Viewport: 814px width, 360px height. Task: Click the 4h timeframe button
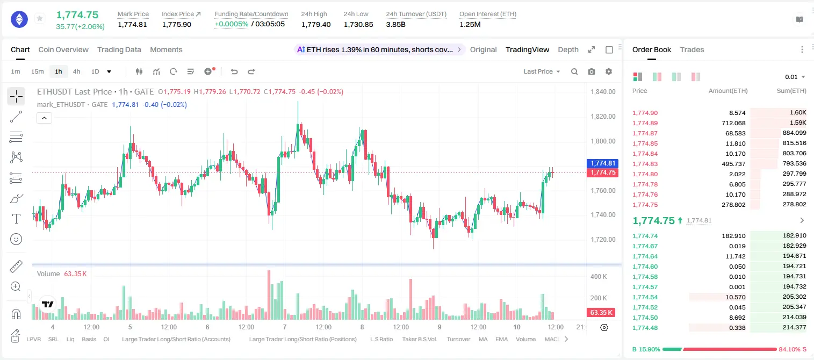click(76, 71)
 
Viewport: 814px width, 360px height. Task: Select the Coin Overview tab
click(63, 49)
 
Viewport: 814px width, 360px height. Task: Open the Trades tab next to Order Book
click(692, 49)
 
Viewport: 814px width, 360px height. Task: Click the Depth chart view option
click(568, 49)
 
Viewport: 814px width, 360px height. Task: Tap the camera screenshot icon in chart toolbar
click(592, 71)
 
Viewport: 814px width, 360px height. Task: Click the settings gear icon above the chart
click(609, 71)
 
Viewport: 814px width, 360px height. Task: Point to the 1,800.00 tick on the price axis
click(603, 141)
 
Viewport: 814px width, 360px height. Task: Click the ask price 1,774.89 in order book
click(645, 123)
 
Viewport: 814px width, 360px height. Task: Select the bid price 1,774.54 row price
click(645, 297)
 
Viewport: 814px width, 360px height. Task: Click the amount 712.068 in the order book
click(733, 123)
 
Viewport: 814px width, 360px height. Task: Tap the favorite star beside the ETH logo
click(40, 18)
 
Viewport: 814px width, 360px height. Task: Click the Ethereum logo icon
click(19, 19)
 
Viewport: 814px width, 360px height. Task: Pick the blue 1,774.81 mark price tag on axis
click(602, 163)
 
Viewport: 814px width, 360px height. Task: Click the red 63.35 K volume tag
click(601, 312)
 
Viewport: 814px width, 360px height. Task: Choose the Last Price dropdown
click(542, 71)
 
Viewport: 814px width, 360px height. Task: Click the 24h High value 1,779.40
click(316, 24)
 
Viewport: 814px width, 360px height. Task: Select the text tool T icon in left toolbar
click(16, 219)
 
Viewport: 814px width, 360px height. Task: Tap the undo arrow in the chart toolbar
click(234, 71)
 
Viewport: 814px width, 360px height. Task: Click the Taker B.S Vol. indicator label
click(419, 339)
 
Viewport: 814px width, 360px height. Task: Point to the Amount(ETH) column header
click(728, 91)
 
